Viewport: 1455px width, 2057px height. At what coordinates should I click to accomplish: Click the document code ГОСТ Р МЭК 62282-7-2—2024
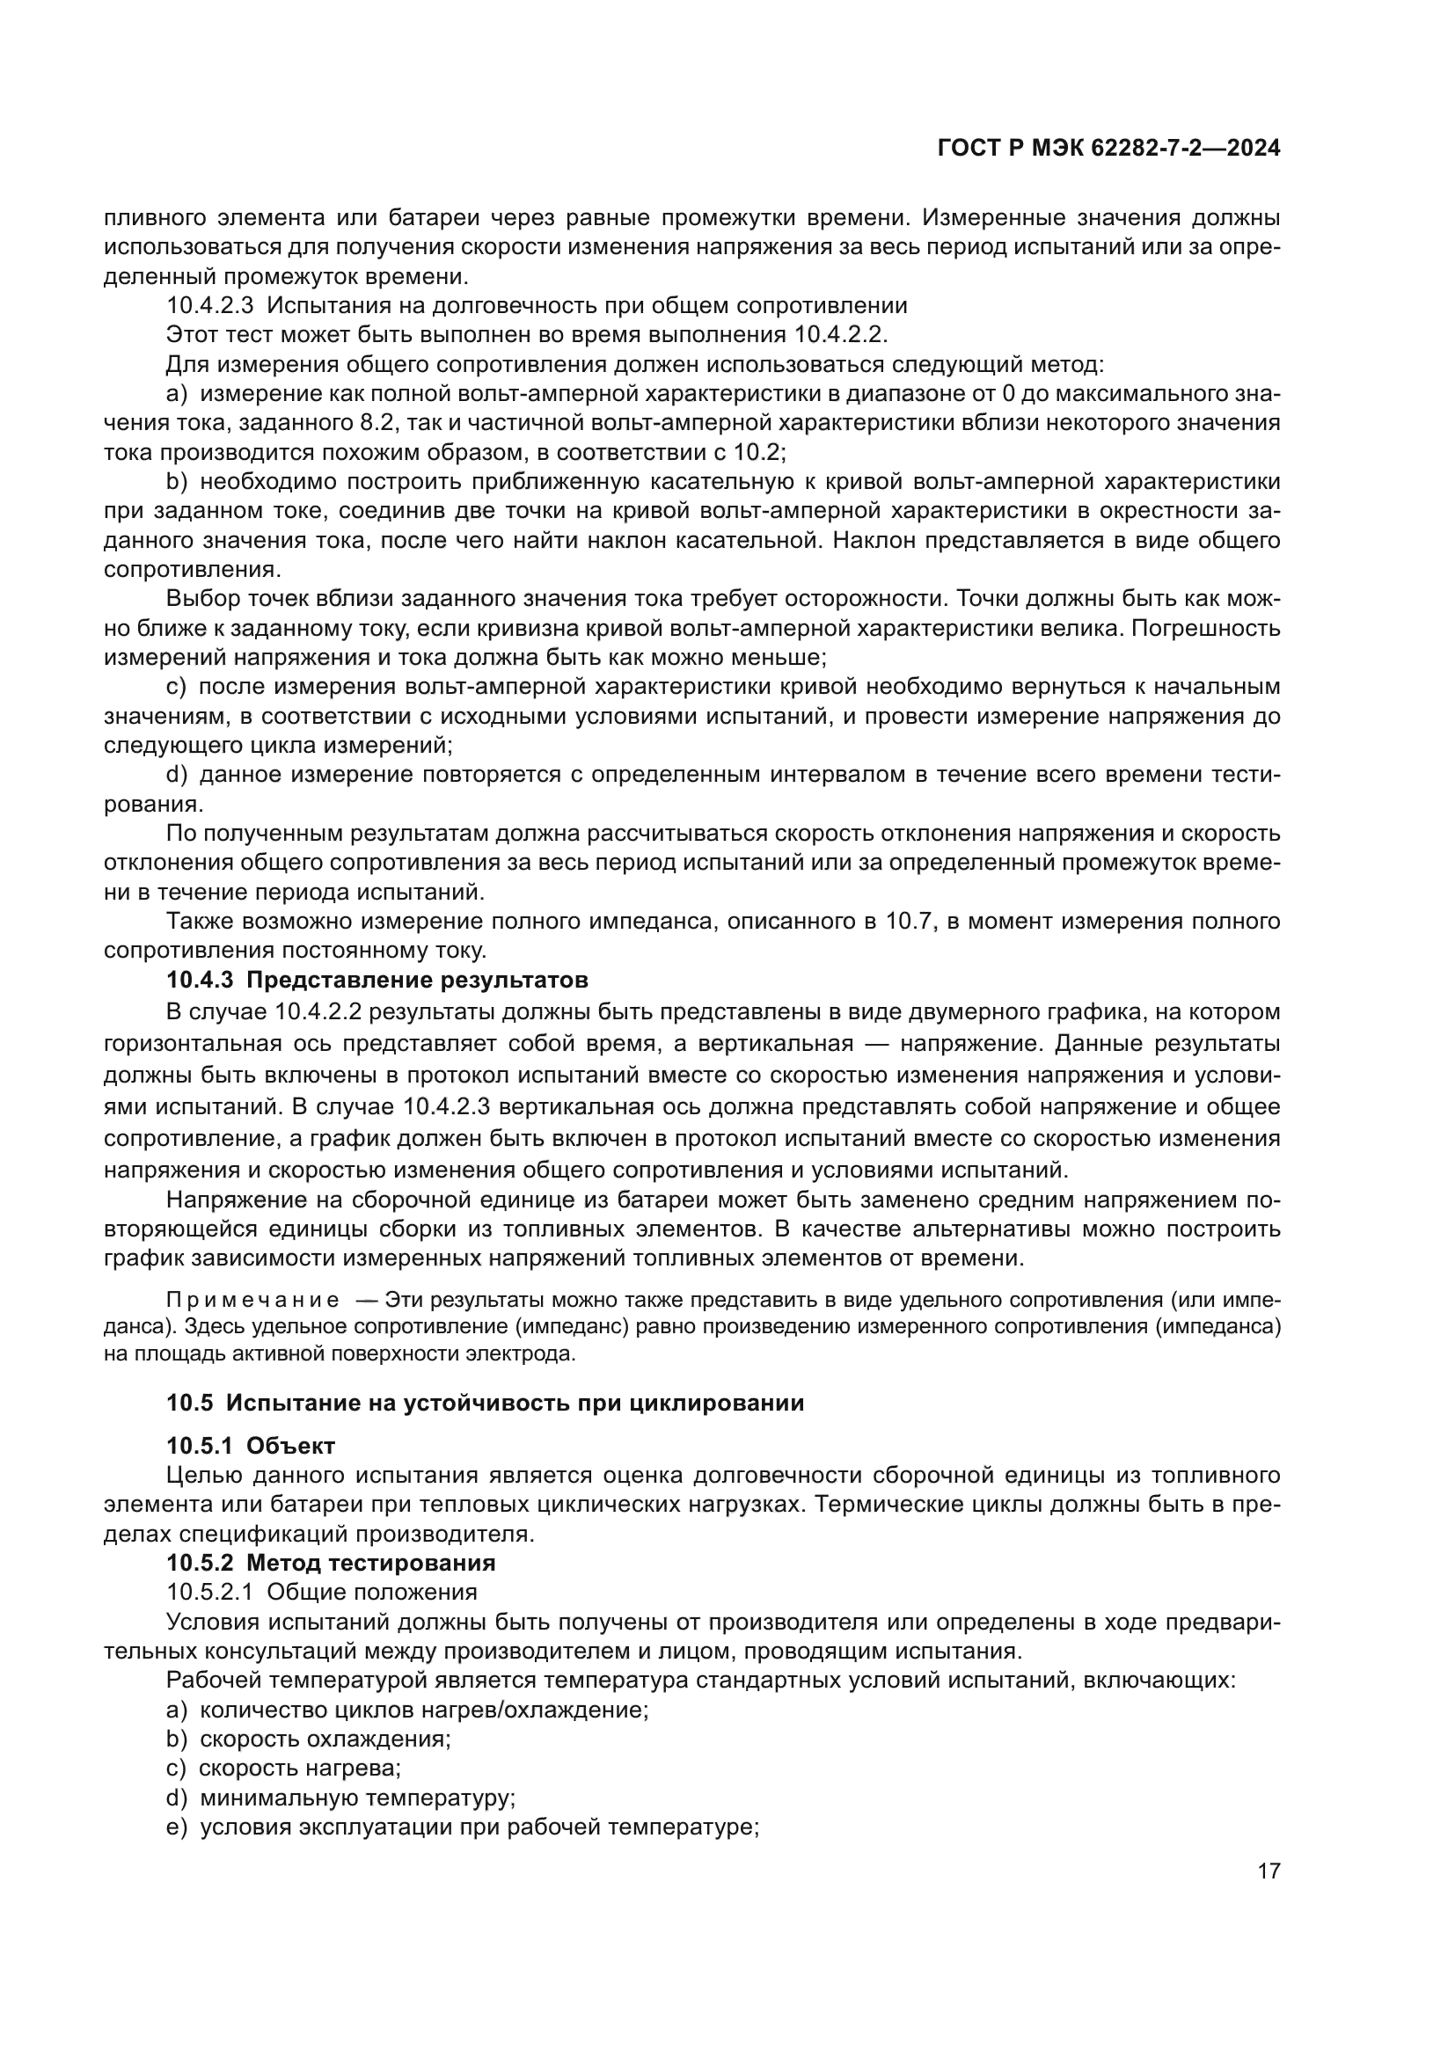(x=1108, y=149)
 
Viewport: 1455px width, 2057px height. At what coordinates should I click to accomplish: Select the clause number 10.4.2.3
(x=210, y=305)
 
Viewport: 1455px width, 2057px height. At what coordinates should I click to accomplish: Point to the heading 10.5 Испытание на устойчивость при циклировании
(x=485, y=1403)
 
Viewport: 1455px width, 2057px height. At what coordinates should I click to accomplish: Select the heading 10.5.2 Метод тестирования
(x=331, y=1563)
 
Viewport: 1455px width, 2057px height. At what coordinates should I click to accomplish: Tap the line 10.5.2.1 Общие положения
(x=322, y=1592)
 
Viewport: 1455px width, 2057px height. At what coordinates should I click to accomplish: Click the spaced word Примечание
(x=252, y=1300)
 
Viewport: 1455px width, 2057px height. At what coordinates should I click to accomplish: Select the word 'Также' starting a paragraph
(x=198, y=921)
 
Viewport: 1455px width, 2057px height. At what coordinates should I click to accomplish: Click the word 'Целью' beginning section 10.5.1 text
(x=201, y=1476)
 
